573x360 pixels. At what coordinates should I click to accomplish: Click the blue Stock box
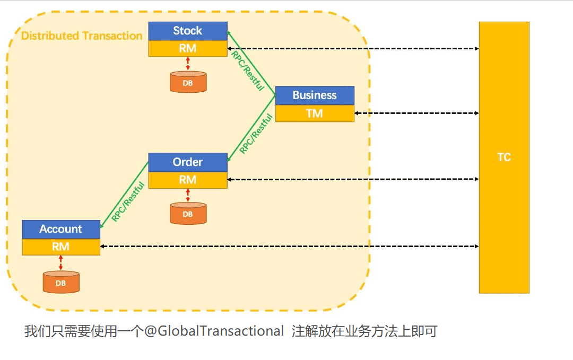(x=188, y=31)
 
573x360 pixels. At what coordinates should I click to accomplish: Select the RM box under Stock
(x=188, y=49)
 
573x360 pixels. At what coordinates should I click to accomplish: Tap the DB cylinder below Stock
(x=188, y=83)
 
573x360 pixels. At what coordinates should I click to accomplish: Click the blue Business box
(x=315, y=95)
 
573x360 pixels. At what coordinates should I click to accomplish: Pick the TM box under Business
(x=315, y=113)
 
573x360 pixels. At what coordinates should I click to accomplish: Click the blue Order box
(x=188, y=162)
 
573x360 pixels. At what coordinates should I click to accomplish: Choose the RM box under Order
(x=188, y=180)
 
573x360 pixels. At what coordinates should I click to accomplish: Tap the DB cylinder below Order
(x=188, y=214)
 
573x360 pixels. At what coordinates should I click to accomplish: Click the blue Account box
(x=61, y=229)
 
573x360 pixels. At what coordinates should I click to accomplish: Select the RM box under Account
(x=61, y=247)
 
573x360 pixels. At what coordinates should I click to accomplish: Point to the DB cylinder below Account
(x=61, y=282)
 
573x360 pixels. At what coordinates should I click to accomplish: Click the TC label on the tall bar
(x=504, y=157)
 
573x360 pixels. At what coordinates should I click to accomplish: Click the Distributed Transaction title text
(x=82, y=36)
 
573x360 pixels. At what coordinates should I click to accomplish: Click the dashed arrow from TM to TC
(x=416, y=113)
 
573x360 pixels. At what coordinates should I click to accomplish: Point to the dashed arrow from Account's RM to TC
(x=289, y=247)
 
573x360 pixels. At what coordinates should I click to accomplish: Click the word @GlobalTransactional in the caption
(x=215, y=331)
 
